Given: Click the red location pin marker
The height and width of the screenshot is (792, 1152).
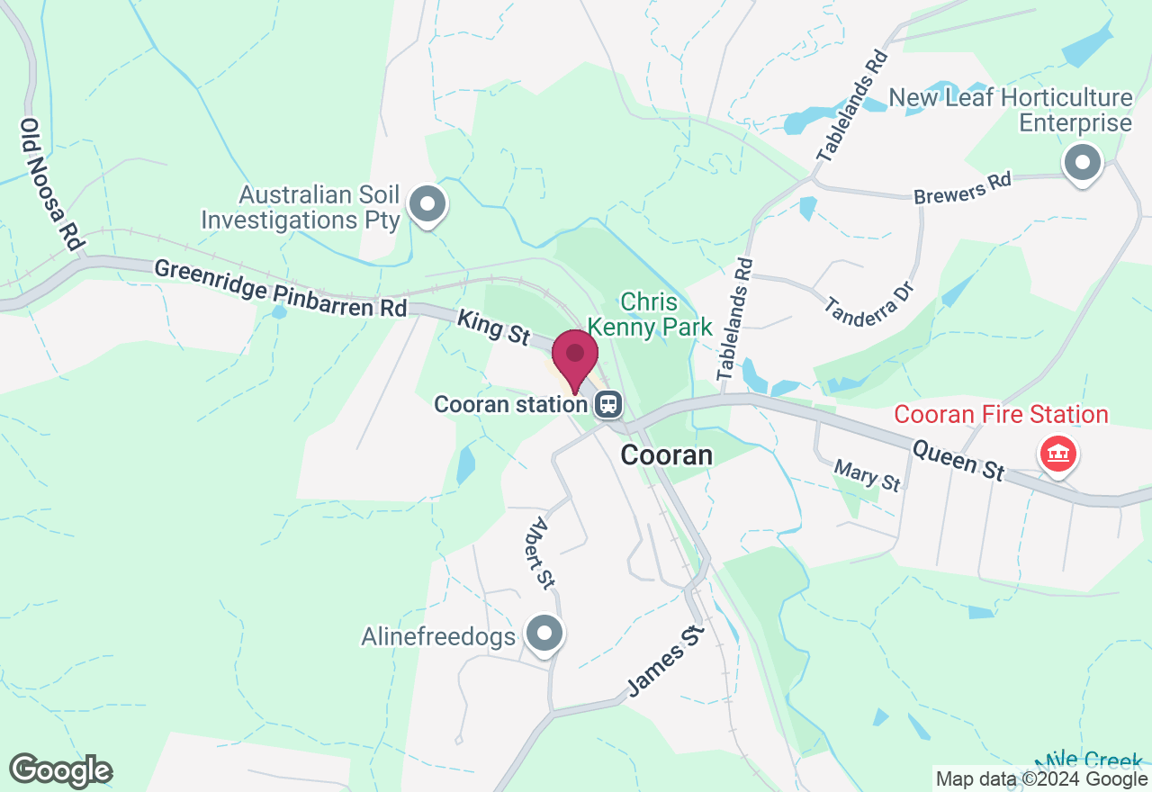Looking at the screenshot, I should pos(574,358).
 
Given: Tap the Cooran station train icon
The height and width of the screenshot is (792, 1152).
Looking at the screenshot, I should pos(609,404).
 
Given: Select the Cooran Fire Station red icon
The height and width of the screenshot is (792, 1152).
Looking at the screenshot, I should pos(1058,454).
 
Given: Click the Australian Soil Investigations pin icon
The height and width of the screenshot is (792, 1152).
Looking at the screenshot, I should pos(427,204).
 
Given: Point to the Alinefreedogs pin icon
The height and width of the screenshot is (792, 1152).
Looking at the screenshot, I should pos(544,634).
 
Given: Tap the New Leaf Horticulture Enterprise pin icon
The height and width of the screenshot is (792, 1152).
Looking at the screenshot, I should pos(1083,165).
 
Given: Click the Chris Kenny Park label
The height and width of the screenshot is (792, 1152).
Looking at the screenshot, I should pos(649,313).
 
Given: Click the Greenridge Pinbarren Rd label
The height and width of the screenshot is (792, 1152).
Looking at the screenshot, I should pos(281,288).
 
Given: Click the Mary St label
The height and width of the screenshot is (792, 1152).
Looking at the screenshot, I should pos(867,475).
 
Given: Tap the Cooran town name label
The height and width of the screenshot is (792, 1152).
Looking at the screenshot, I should pos(667,455).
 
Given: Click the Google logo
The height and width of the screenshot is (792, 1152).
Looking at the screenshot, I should pos(60,770).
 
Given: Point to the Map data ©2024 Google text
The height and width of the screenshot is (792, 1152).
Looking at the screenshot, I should pos(1041,779).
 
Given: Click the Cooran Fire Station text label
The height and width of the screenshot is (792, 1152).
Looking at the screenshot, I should pos(1000,415).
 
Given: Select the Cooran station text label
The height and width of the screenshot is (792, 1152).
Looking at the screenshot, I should pos(510,404).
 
